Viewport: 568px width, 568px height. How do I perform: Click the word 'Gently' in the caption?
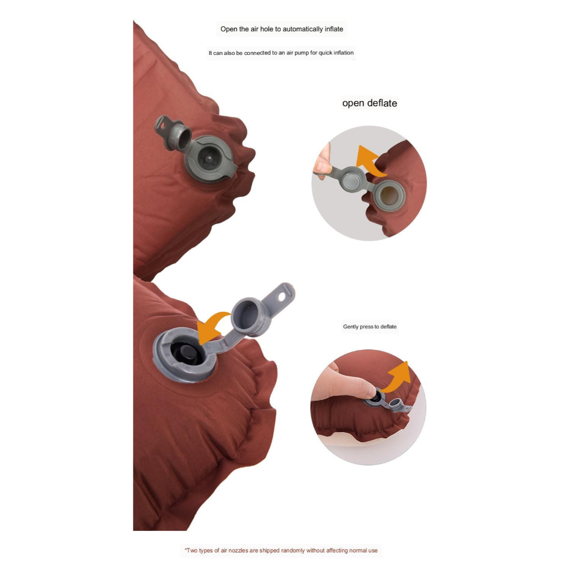tap(351, 327)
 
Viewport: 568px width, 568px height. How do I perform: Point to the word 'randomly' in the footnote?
tap(293, 551)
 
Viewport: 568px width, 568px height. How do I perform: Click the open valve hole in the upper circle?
tap(389, 196)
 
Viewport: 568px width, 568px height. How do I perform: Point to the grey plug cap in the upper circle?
tap(351, 180)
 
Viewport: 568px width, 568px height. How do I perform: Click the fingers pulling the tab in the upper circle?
tap(322, 163)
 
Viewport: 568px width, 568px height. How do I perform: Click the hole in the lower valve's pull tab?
tap(282, 296)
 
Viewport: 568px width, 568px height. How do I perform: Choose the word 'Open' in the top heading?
tap(229, 29)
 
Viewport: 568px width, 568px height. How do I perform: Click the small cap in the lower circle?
tap(397, 404)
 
